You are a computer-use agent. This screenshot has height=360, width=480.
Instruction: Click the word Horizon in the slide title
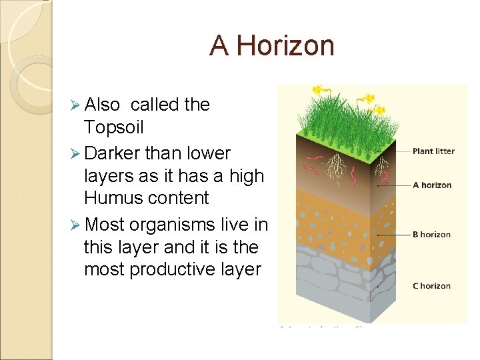(x=285, y=46)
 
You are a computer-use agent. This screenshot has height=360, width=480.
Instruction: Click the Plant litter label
(x=433, y=151)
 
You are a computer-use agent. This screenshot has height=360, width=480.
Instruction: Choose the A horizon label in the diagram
(x=432, y=185)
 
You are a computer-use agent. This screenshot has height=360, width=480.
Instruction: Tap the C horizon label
(x=431, y=286)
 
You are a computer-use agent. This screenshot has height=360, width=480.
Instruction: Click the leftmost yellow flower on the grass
(x=318, y=89)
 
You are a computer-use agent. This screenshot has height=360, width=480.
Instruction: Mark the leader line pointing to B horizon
(x=397, y=235)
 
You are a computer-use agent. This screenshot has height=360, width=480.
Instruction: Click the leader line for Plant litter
(x=397, y=151)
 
